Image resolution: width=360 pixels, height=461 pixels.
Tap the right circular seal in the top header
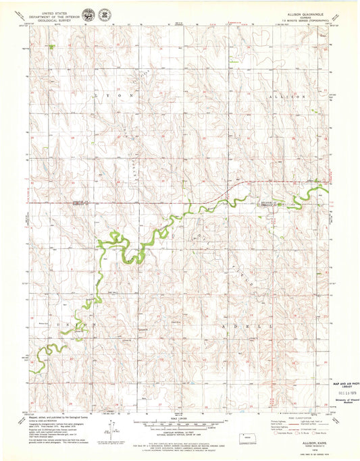(x=105, y=13)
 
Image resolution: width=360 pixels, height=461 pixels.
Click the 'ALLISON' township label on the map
(x=282, y=98)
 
